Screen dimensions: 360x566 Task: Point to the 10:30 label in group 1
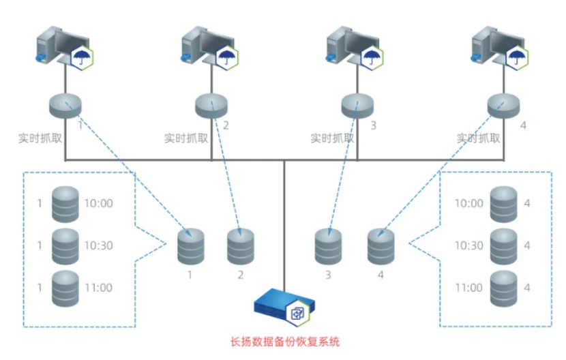pos(98,245)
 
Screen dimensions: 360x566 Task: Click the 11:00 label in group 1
pos(98,288)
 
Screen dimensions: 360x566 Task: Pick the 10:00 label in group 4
pos(468,203)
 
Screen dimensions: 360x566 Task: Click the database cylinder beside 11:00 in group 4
pos(504,287)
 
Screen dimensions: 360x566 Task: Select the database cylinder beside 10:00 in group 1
pos(65,203)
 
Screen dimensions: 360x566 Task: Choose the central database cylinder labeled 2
pos(240,247)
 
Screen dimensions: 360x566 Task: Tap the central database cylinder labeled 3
pos(328,247)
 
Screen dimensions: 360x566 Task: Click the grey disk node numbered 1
pos(65,104)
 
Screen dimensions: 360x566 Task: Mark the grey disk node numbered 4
pos(503,104)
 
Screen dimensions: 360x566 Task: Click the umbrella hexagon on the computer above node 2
pos(227,56)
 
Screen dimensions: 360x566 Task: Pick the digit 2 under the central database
pos(240,275)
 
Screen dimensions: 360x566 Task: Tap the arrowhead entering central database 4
pos(381,233)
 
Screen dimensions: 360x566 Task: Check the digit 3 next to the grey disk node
pos(373,126)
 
